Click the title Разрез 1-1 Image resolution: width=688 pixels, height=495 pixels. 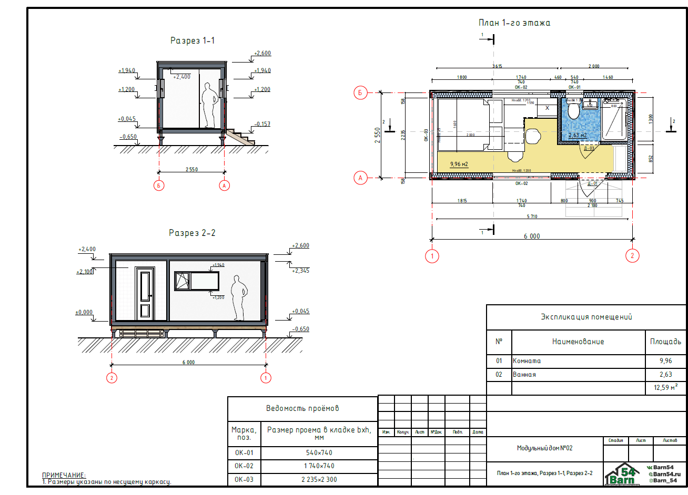193,40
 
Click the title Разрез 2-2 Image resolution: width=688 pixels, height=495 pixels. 192,233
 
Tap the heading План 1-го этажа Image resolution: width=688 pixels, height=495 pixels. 514,23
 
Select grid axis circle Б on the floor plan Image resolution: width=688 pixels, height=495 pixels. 360,93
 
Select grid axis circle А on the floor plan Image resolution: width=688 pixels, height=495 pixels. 360,178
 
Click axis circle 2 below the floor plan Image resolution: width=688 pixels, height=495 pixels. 632,256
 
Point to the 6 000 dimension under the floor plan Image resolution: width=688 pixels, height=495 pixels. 531,236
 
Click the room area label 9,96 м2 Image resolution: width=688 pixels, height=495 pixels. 459,164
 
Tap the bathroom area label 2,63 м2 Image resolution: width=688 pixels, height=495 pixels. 577,135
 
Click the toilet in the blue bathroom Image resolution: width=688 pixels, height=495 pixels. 573,111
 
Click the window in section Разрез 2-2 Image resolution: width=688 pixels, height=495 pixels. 197,281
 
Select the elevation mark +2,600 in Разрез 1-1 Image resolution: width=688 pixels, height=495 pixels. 262,53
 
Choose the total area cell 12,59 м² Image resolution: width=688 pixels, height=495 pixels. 665,388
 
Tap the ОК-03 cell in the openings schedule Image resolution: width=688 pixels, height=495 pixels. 244,479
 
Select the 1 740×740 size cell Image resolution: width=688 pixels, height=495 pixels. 319,466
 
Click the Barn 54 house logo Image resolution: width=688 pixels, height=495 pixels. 622,475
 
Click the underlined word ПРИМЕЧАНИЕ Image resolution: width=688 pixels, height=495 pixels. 64,475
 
